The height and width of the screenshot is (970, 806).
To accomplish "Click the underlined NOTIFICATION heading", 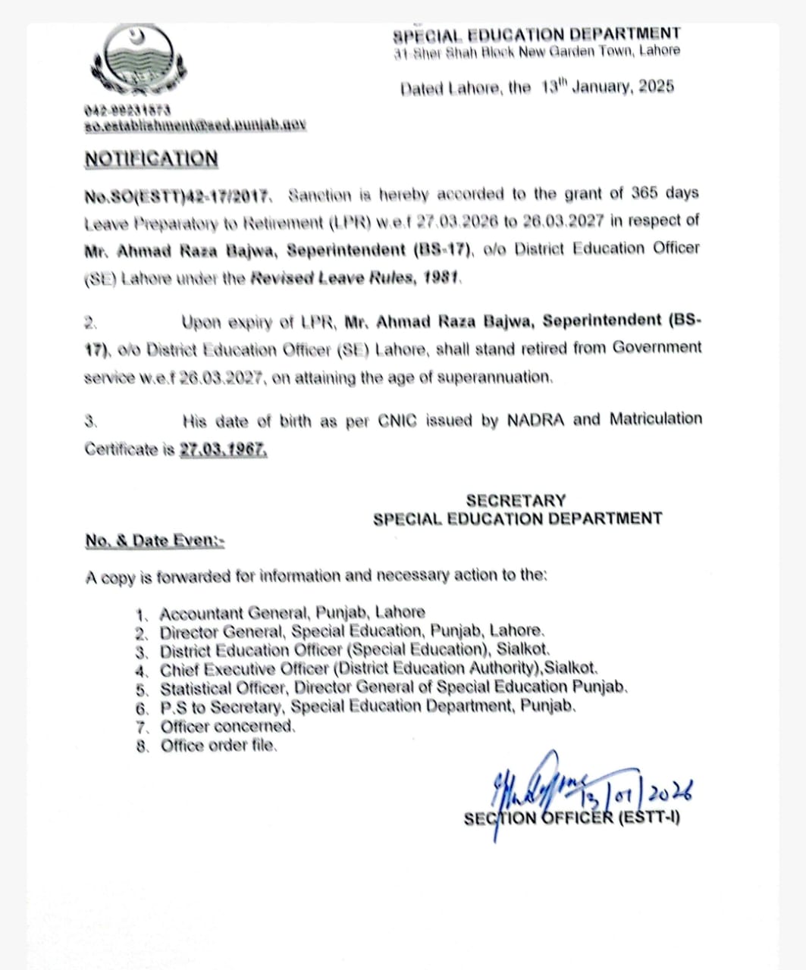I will (151, 159).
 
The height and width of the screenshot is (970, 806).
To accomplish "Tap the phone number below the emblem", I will (127, 111).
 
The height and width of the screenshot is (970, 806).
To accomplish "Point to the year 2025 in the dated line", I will (656, 86).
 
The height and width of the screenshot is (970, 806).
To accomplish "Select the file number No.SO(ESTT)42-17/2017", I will (177, 196).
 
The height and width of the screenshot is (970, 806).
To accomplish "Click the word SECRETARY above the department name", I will (516, 500).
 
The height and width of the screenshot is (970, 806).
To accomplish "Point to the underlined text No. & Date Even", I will (154, 540).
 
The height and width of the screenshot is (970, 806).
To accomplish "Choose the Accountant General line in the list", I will (292, 612).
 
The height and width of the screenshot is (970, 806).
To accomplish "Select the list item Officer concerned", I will (227, 726).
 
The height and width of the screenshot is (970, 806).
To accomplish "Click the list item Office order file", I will (218, 746).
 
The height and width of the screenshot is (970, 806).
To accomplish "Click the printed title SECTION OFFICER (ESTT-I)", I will (572, 818).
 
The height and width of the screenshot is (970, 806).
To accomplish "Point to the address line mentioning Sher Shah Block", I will (537, 52).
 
